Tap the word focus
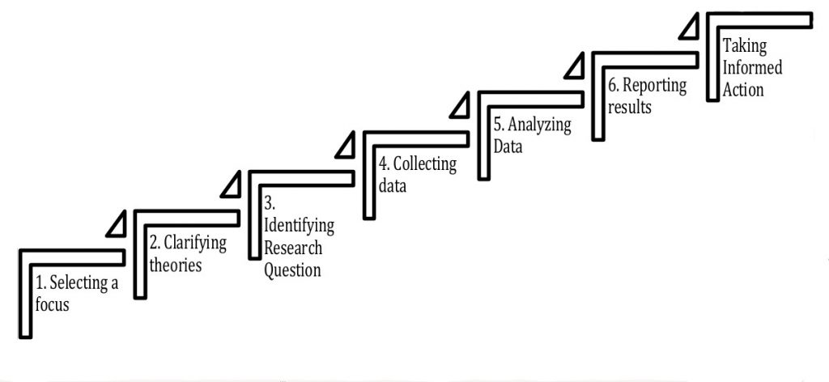(53, 304)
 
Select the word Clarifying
(195, 244)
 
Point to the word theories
(176, 265)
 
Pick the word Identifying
(300, 227)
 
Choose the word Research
(293, 248)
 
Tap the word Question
(292, 269)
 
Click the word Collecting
(424, 165)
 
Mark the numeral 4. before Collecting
(385, 165)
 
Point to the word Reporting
(655, 86)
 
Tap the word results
(630, 107)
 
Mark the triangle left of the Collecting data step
(347, 146)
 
